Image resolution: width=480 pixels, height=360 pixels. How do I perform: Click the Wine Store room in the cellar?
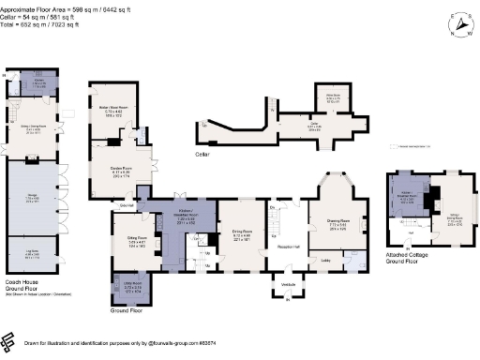click(x=332, y=97)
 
